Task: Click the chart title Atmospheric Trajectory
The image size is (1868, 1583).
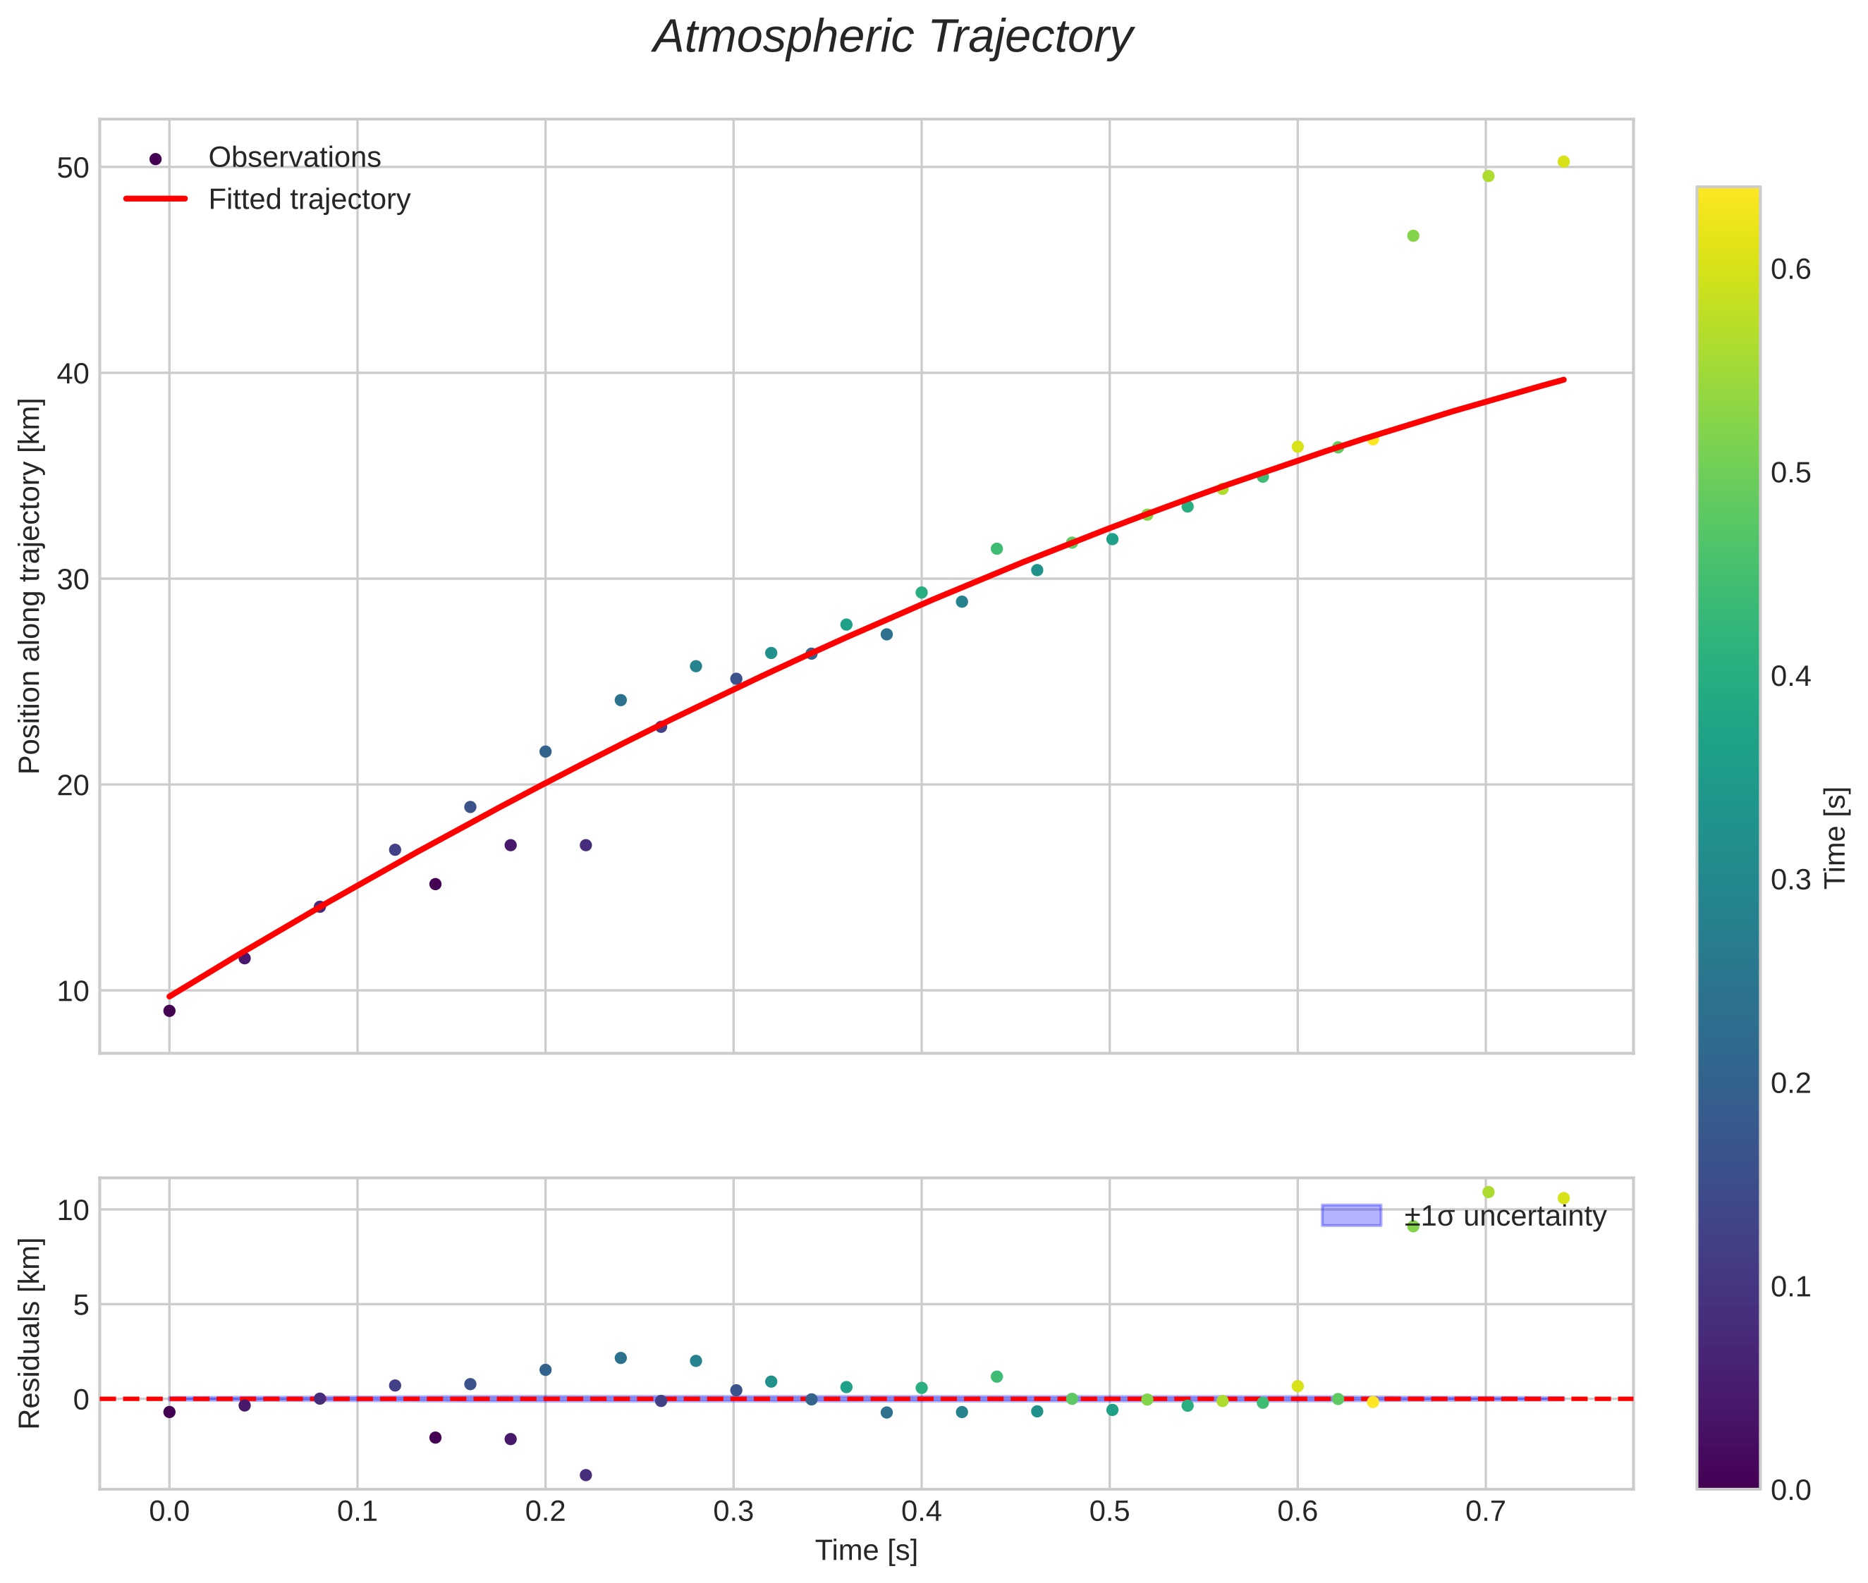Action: (892, 37)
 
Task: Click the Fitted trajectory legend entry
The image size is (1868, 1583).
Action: (309, 199)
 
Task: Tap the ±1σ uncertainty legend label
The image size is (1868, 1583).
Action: (1504, 1217)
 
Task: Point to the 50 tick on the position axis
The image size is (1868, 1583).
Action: (73, 168)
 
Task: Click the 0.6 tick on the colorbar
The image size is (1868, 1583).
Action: (1791, 270)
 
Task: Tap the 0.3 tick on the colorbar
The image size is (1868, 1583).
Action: (1791, 880)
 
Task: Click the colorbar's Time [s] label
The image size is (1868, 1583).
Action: (1836, 837)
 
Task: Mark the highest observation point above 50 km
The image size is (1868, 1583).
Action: (1563, 162)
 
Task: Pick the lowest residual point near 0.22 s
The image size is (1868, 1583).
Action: (586, 1475)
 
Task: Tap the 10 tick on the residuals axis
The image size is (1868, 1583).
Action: (73, 1211)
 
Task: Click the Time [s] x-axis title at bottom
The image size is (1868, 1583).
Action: (866, 1551)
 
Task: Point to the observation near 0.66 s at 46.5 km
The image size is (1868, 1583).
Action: (1413, 236)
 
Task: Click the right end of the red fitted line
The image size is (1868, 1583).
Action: (1563, 381)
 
